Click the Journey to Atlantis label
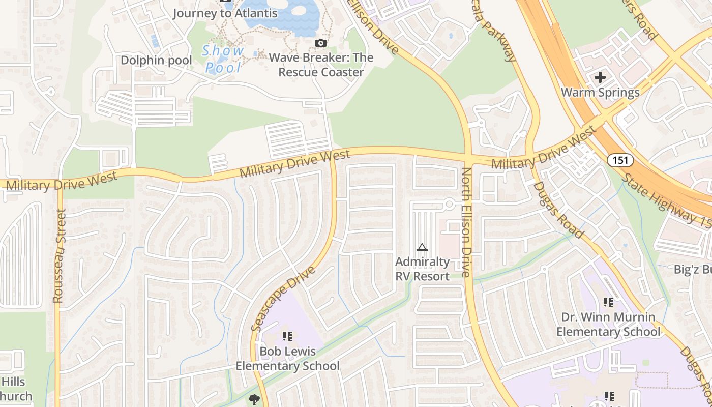coord(225,13)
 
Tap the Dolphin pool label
coord(156,61)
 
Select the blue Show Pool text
coord(223,59)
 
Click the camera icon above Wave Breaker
coord(321,43)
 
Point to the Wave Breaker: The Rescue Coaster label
coord(321,65)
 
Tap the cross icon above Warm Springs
coord(600,77)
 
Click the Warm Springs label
coord(600,93)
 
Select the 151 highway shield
coord(620,160)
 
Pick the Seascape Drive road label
coord(283,299)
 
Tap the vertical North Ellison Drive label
coord(466,222)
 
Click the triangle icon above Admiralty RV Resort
coord(422,248)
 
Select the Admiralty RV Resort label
coord(423,269)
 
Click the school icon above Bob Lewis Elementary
coord(287,336)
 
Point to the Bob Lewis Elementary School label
coord(287,359)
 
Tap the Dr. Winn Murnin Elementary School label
coord(608,325)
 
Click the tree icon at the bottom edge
coord(254,399)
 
